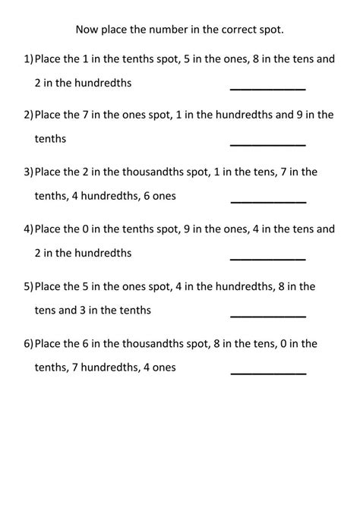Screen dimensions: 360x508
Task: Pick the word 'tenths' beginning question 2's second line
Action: click(x=50, y=140)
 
